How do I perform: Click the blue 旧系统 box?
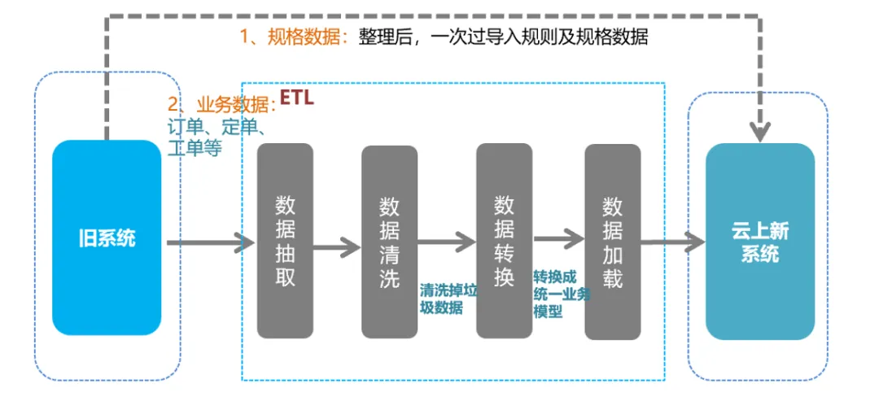coord(107,238)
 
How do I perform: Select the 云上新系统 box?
coord(759,242)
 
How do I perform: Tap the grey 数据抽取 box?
coord(285,241)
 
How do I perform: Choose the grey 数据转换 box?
coord(504,241)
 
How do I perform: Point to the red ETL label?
coord(296,98)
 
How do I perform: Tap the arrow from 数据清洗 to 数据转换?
coord(446,242)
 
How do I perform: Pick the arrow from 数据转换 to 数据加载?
coord(558,239)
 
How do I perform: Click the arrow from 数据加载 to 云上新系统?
coord(672,242)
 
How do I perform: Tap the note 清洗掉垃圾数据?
coord(448,299)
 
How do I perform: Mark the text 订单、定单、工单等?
coord(213,138)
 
